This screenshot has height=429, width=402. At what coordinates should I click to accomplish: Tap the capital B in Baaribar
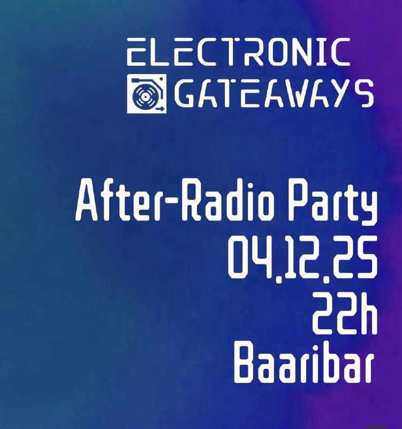[245, 365]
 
